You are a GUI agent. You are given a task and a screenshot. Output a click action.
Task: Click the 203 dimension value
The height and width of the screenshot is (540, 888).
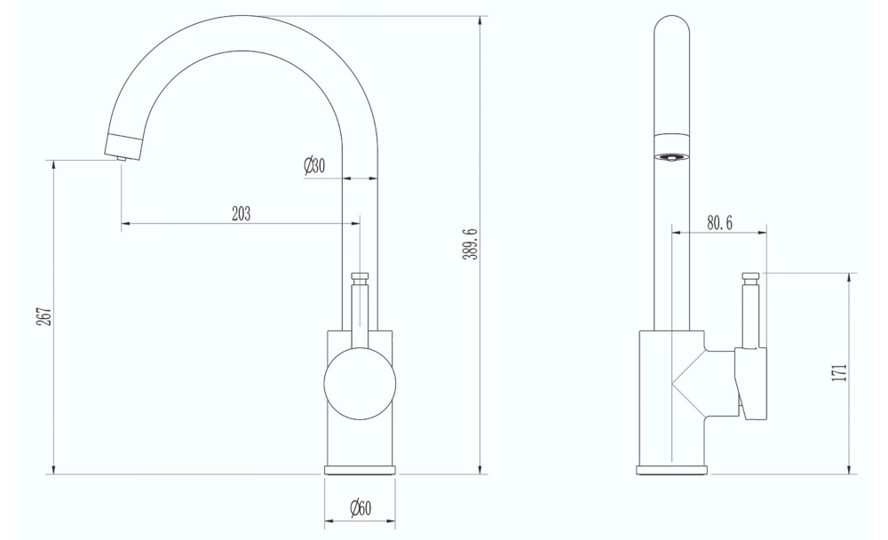point(241,213)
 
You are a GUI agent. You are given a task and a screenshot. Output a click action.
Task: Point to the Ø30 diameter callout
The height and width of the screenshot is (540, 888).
point(313,166)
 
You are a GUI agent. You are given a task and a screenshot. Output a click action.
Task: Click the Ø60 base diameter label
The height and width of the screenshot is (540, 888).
point(360,508)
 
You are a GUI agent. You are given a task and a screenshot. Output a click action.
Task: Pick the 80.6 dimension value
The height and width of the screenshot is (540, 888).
point(719,223)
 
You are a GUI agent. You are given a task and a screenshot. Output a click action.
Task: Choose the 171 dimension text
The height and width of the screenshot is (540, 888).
point(839,371)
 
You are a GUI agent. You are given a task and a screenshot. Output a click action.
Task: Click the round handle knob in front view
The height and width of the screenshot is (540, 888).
point(360,383)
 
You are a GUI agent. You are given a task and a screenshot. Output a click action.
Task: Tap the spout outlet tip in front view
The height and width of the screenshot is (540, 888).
point(121,157)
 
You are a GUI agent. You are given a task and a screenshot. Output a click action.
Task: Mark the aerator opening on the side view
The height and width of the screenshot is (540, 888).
point(671,157)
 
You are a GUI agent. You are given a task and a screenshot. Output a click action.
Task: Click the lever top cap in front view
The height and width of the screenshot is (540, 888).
point(360,278)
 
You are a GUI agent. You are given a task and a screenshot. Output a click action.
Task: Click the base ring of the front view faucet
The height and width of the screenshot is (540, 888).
point(360,470)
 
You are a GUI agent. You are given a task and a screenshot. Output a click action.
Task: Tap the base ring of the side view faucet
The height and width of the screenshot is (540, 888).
point(671,470)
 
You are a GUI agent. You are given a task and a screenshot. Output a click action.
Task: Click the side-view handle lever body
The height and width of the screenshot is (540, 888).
point(750,382)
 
